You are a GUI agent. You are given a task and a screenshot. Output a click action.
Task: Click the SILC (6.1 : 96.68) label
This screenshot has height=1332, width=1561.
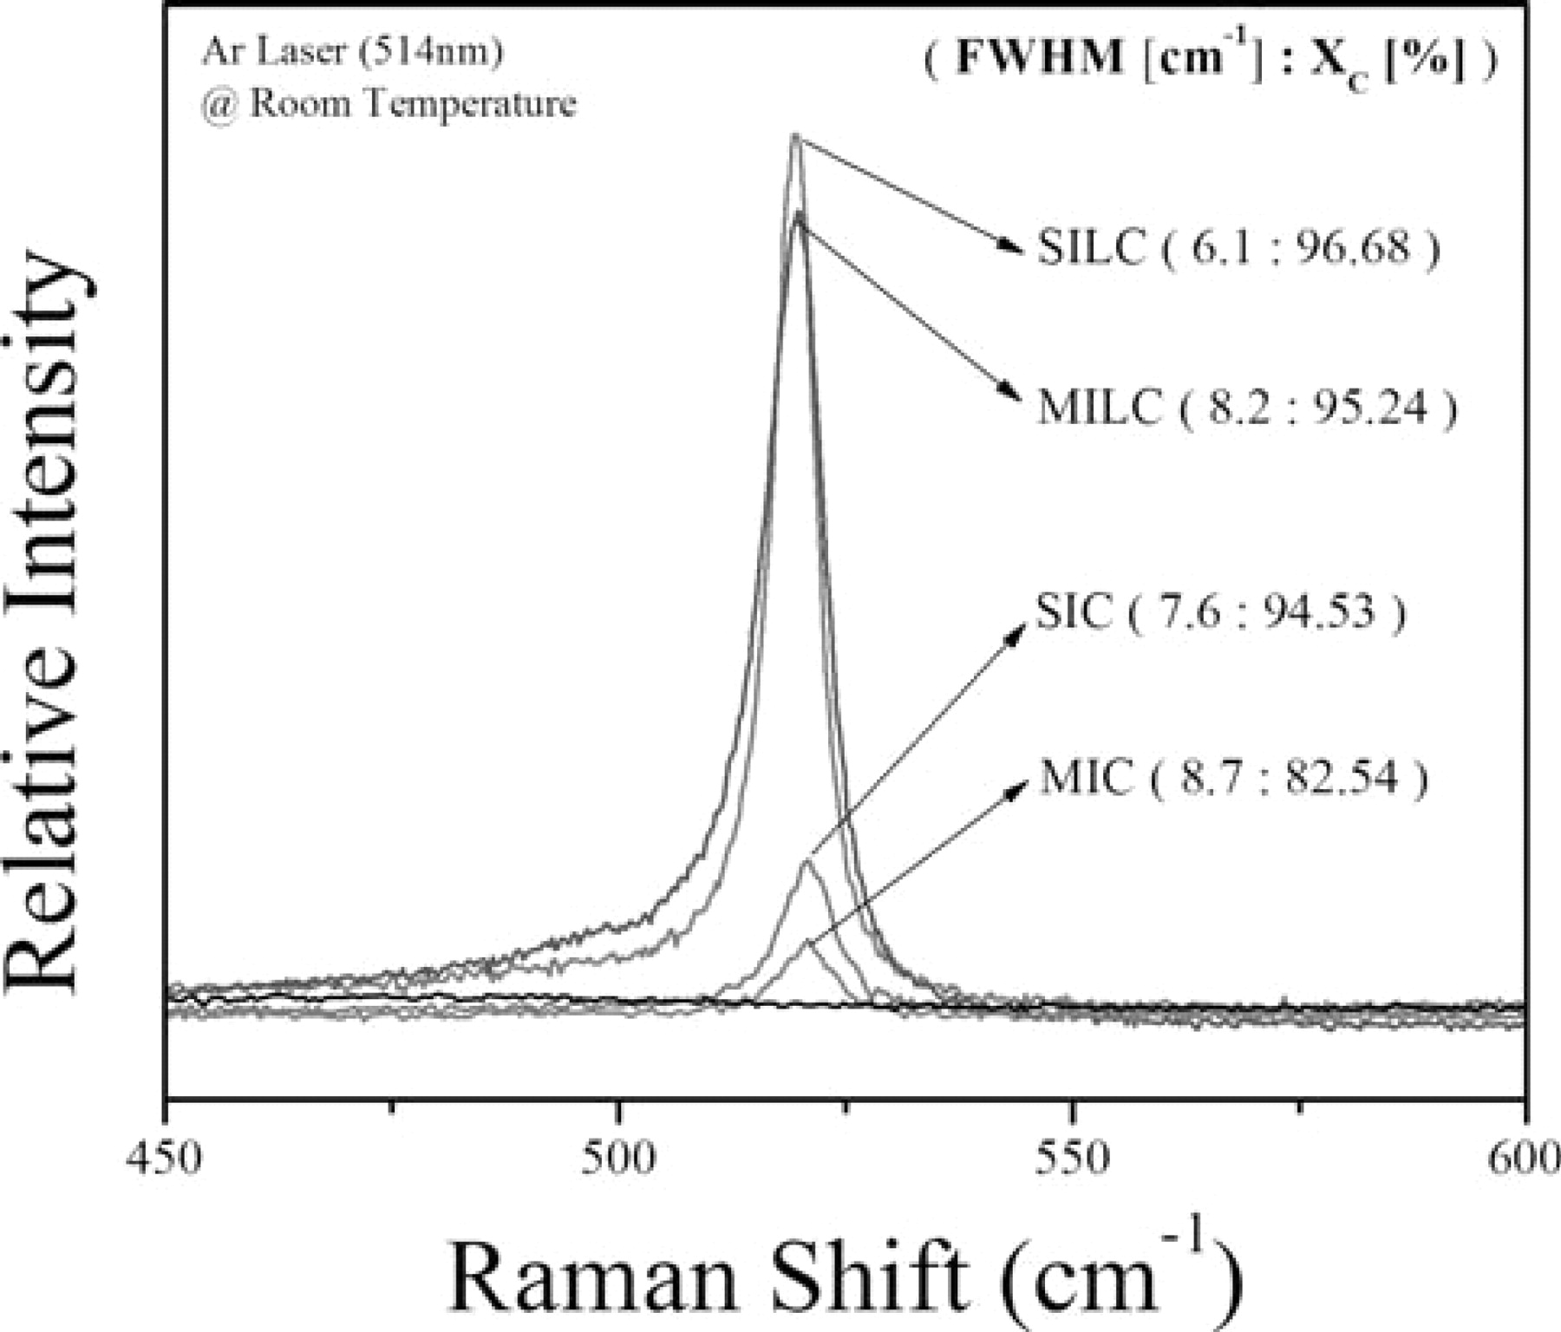[x=1238, y=250]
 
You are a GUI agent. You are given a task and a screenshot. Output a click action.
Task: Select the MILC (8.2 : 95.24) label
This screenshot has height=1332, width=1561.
[x=1247, y=407]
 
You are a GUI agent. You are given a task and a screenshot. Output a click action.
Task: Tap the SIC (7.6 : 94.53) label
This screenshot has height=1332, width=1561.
[x=1220, y=612]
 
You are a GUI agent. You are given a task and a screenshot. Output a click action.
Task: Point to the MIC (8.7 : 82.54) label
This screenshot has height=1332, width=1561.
[x=1232, y=777]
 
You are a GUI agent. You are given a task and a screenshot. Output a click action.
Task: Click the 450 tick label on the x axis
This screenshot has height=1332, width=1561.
[x=166, y=1158]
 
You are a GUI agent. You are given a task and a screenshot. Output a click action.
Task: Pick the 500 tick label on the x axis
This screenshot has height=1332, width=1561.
[x=618, y=1158]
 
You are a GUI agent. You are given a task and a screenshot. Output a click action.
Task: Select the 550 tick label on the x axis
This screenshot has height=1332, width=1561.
[x=1073, y=1158]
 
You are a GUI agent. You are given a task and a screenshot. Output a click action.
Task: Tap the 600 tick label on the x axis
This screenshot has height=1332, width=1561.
[x=1525, y=1158]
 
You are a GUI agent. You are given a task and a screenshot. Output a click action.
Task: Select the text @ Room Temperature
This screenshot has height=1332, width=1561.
[x=389, y=105]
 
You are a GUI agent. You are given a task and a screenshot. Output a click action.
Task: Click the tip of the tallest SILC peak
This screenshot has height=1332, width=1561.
[x=794, y=135]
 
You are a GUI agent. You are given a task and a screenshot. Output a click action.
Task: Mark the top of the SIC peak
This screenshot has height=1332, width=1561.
[x=807, y=861]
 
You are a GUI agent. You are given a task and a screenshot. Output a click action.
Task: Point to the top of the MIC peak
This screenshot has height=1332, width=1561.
[x=808, y=940]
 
